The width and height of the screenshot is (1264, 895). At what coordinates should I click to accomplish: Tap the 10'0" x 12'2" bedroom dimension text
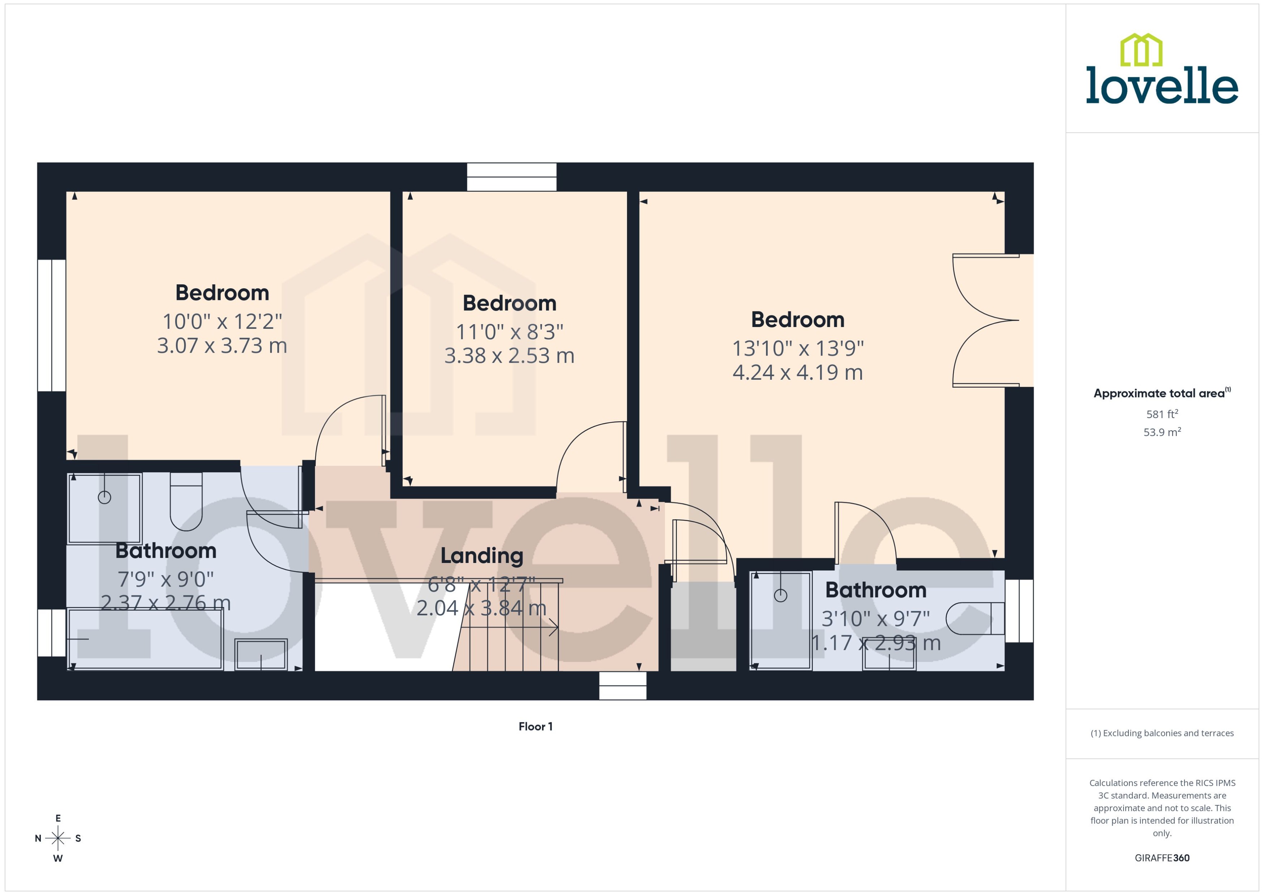(222, 321)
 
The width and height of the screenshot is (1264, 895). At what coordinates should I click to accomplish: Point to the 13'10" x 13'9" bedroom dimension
(797, 348)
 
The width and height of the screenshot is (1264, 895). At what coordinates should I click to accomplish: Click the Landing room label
(481, 555)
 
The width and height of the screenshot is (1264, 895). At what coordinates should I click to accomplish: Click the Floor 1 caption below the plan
(535, 726)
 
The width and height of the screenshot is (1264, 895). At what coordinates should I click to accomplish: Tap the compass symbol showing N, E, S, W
(58, 838)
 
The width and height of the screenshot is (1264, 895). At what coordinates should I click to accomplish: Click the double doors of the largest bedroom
(986, 320)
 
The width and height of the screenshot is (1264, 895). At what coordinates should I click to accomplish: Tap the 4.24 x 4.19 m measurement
(797, 373)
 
